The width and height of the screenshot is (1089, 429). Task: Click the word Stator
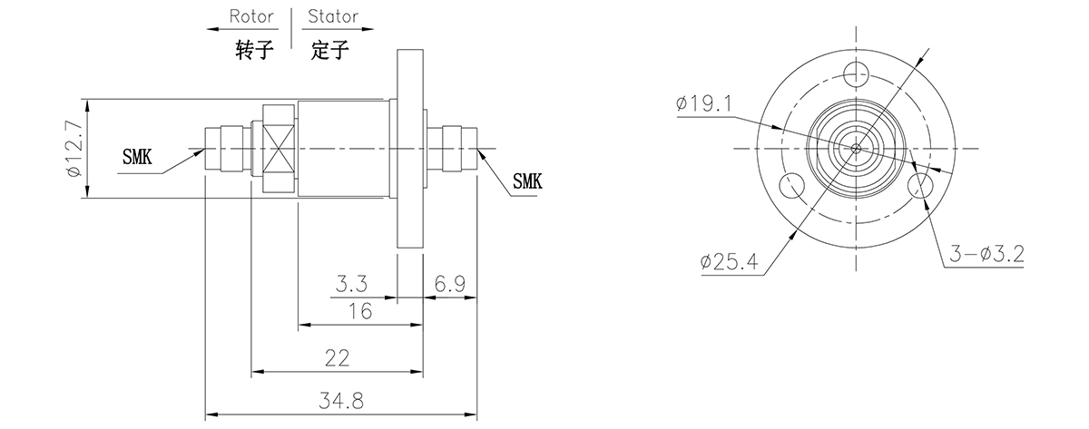tap(332, 16)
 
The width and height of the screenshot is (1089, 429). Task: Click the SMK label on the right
tap(526, 180)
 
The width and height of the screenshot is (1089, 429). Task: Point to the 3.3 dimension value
tap(351, 284)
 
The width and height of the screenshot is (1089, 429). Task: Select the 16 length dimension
tap(360, 311)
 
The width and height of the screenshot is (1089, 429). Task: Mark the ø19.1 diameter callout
tap(703, 104)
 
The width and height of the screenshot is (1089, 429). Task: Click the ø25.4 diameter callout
tap(729, 262)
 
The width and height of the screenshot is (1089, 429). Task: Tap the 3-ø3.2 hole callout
tap(987, 256)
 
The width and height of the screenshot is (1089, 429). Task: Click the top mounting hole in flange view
tap(855, 73)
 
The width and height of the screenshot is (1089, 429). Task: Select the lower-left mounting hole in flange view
tap(790, 185)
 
